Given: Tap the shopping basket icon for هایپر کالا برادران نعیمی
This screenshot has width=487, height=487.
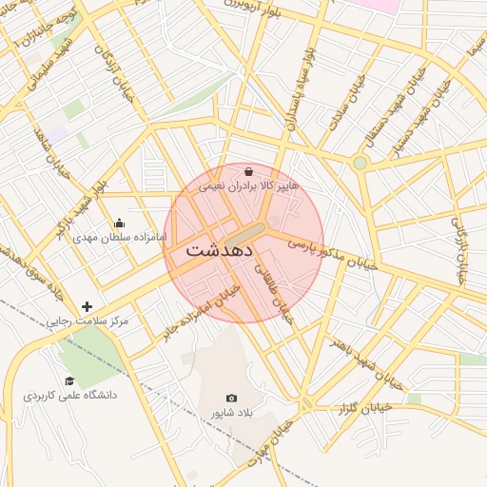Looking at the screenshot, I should click(x=248, y=172).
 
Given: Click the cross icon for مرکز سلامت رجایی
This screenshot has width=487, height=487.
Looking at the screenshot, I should click(x=88, y=306).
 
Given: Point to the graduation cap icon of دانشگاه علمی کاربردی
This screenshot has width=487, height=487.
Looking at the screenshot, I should click(x=69, y=380).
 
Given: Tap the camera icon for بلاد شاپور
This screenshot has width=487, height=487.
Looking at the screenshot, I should click(x=231, y=399).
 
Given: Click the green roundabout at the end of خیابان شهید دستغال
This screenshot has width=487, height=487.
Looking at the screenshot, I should click(x=360, y=163).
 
